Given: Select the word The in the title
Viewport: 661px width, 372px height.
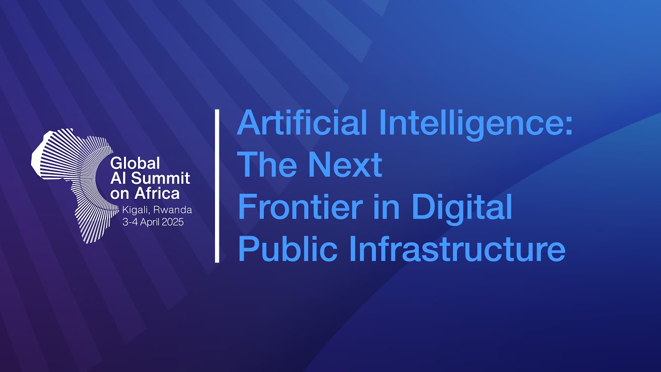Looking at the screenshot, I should pos(266,165).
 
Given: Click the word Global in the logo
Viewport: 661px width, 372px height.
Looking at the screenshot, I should pos(135,163).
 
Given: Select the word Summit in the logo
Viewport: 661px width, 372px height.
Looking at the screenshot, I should pos(160,179).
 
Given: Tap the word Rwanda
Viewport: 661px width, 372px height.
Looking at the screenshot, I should pos(172,210).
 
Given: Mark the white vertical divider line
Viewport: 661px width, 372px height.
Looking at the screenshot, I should pos(217,186).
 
